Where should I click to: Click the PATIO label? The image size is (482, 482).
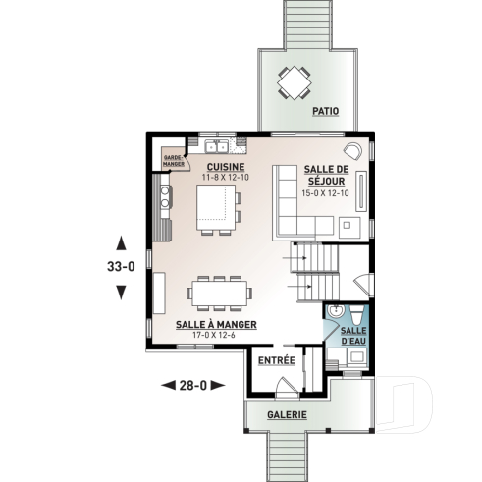coord(326,112)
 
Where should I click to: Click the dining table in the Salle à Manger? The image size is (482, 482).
coord(221,290)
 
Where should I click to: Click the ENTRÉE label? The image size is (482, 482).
coord(276,360)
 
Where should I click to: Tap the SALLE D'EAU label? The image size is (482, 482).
coord(353,336)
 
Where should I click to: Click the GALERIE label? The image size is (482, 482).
coord(287,415)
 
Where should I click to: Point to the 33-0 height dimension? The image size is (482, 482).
coord(121,265)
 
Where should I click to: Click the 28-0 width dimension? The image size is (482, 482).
coord(191,384)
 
